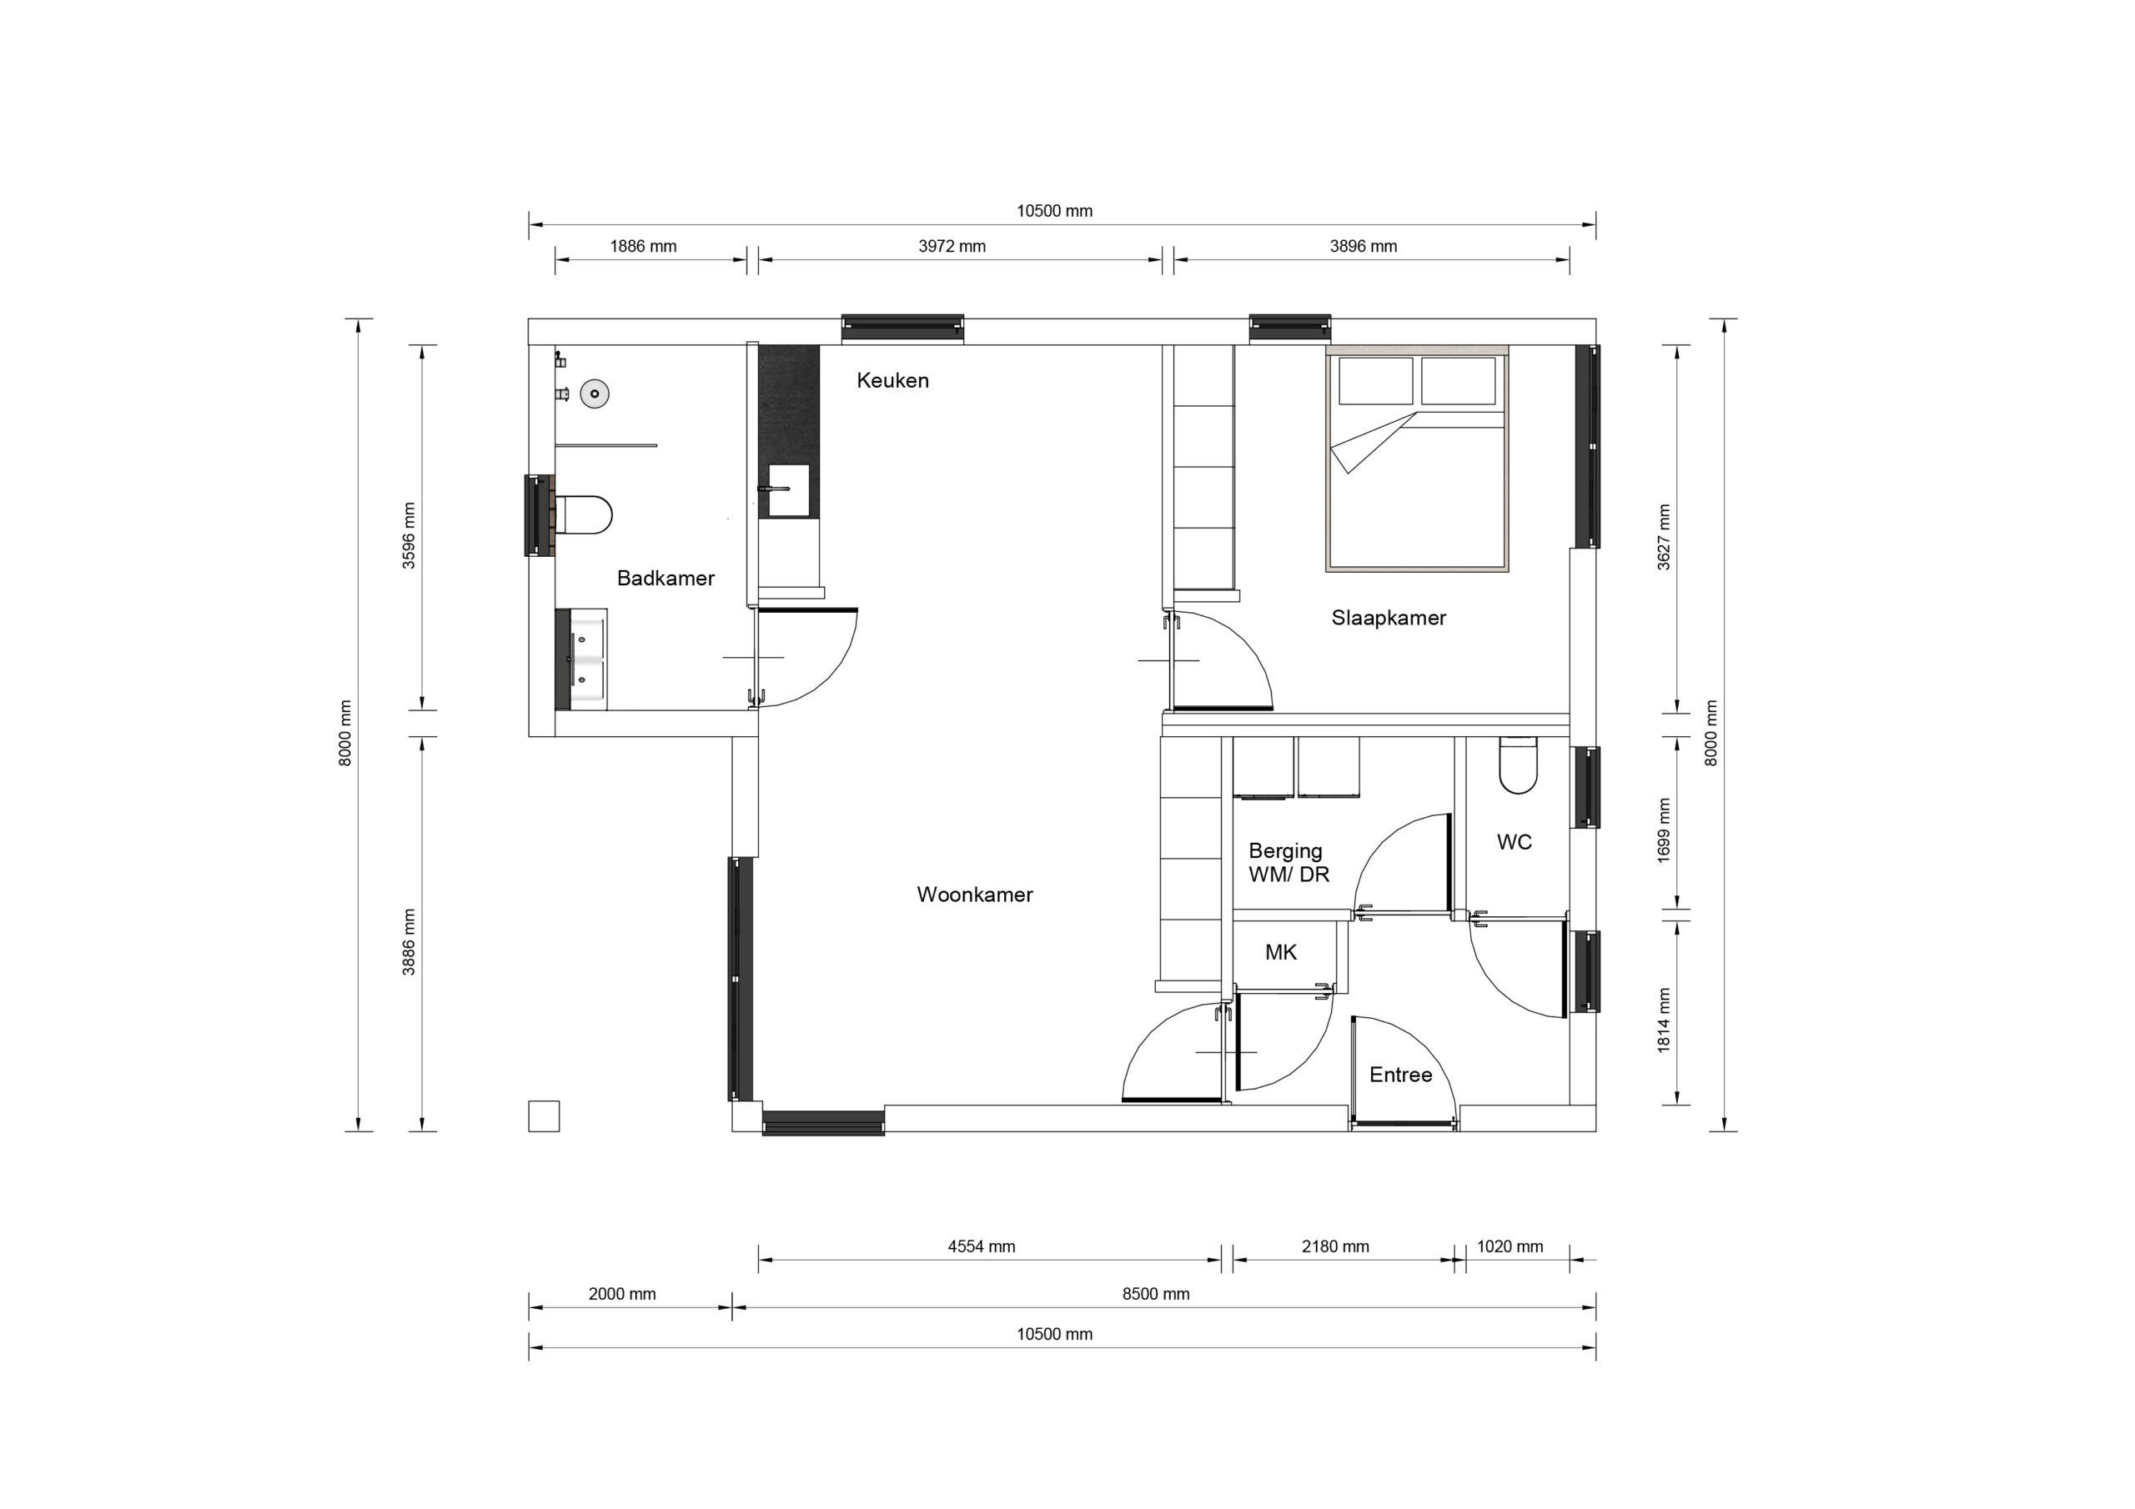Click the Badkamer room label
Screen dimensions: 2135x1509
(666, 579)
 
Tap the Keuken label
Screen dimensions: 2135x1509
(892, 380)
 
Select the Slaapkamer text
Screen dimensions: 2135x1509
(1389, 619)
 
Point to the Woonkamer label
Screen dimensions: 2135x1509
(975, 895)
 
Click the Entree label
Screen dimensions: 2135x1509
(1400, 1075)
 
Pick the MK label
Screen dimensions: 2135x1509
(1280, 952)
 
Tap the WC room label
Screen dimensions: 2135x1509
(1514, 842)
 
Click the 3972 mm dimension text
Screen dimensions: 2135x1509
(952, 247)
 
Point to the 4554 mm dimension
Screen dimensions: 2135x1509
(981, 1247)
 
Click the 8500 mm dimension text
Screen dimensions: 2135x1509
(1156, 1294)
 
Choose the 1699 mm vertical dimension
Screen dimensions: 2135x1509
(1664, 830)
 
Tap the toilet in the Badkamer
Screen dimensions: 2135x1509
(583, 514)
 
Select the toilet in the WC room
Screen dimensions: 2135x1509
(1519, 765)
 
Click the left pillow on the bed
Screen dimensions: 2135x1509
(1375, 380)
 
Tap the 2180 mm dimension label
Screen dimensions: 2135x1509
(1335, 1247)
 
